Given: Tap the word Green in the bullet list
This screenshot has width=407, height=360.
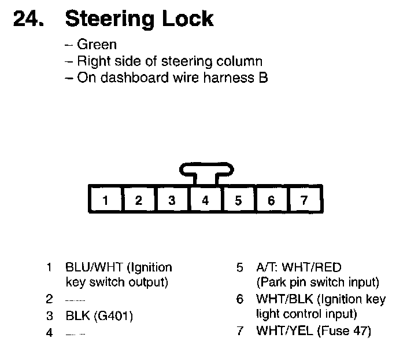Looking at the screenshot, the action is point(97,45).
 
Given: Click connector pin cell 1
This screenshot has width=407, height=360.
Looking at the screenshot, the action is point(105,201).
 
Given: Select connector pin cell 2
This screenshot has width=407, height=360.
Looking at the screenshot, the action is point(139,201).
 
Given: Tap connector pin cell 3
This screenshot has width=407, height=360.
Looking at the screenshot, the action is point(172,201).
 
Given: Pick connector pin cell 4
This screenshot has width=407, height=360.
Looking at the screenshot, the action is point(205,201).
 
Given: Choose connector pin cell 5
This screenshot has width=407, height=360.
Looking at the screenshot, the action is point(238,201).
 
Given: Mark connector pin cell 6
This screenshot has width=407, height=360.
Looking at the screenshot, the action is point(271,201).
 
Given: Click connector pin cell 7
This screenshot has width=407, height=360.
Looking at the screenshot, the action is point(305,201).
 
